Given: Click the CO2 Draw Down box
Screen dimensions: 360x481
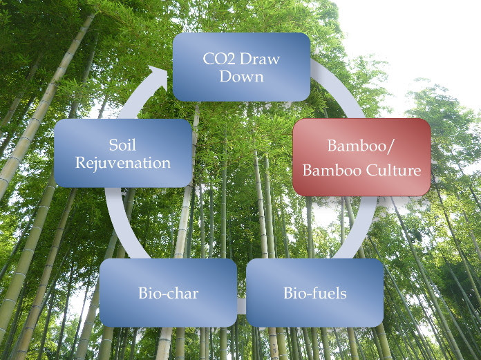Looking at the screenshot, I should click(240, 66).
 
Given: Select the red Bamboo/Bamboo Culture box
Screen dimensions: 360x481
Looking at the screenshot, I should click(361, 157).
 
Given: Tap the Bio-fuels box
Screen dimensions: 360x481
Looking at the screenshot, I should click(315, 292).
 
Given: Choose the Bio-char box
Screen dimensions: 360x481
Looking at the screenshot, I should click(168, 292).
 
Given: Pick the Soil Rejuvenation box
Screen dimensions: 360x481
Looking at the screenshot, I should click(122, 153).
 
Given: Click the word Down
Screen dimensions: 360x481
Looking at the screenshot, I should click(241, 75).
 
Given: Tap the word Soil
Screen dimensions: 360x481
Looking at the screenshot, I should click(122, 144).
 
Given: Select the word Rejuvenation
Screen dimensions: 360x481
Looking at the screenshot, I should click(122, 163).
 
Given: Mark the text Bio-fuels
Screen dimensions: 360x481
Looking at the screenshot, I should click(315, 292).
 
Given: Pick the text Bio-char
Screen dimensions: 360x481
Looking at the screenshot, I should click(168, 292).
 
